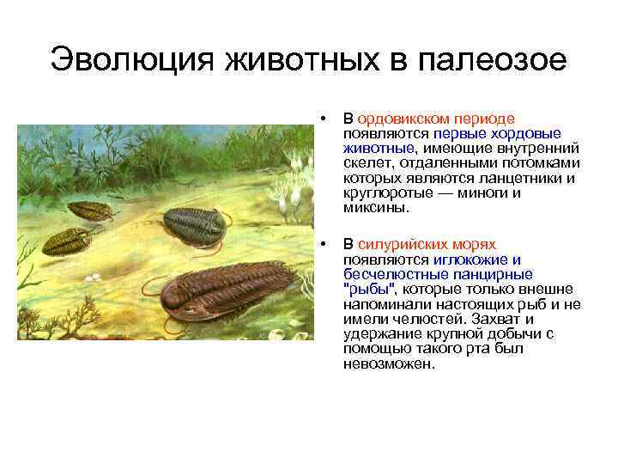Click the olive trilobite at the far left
click(66, 241)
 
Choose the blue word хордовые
click(532, 134)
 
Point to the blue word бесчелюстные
click(387, 274)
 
